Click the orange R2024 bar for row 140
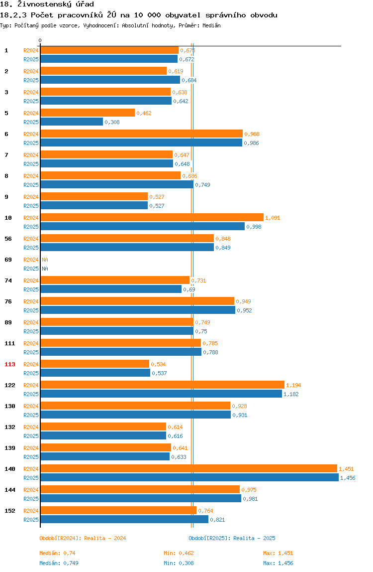point(188,469)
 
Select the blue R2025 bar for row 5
point(72,122)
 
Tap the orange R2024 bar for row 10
point(152,217)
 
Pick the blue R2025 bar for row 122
point(161,394)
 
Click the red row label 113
point(10,364)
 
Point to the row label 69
point(8,260)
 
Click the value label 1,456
point(348,478)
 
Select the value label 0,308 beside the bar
point(112,122)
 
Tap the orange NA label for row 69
point(45,260)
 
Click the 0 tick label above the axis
point(40,40)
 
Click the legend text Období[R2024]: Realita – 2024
point(83,538)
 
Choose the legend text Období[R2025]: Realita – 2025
point(232,538)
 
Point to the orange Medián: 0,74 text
point(57,553)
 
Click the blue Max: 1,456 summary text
point(278,563)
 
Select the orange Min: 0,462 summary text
point(179,553)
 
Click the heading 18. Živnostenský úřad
point(47,4)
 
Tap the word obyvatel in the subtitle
point(183,15)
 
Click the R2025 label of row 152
point(31,520)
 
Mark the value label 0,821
point(217,520)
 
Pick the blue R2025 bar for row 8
point(117,184)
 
